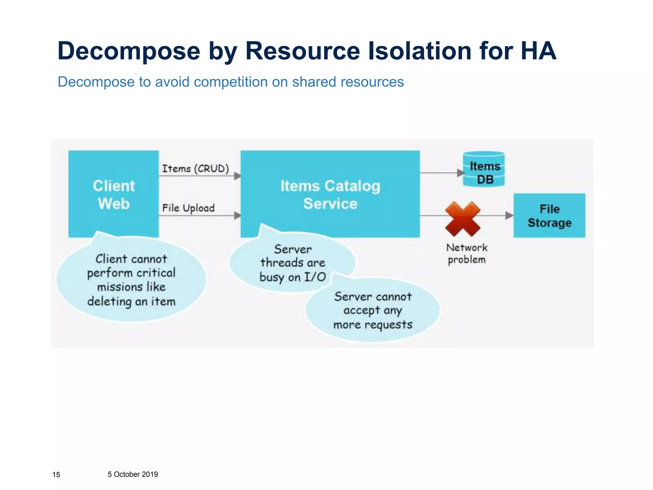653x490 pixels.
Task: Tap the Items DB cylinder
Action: [484, 169]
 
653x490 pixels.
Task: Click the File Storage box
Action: [549, 215]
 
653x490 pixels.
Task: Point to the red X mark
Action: [463, 219]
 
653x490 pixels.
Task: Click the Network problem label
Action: [466, 253]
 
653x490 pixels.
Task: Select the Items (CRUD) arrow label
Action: [195, 168]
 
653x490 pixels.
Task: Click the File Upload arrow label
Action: [188, 208]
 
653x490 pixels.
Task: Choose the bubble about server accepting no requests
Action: [373, 310]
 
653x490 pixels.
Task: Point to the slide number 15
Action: [56, 475]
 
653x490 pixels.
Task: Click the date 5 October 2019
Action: [133, 474]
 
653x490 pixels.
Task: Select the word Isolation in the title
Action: [420, 51]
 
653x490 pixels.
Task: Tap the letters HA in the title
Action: [539, 51]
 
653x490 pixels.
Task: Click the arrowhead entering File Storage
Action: [509, 216]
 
